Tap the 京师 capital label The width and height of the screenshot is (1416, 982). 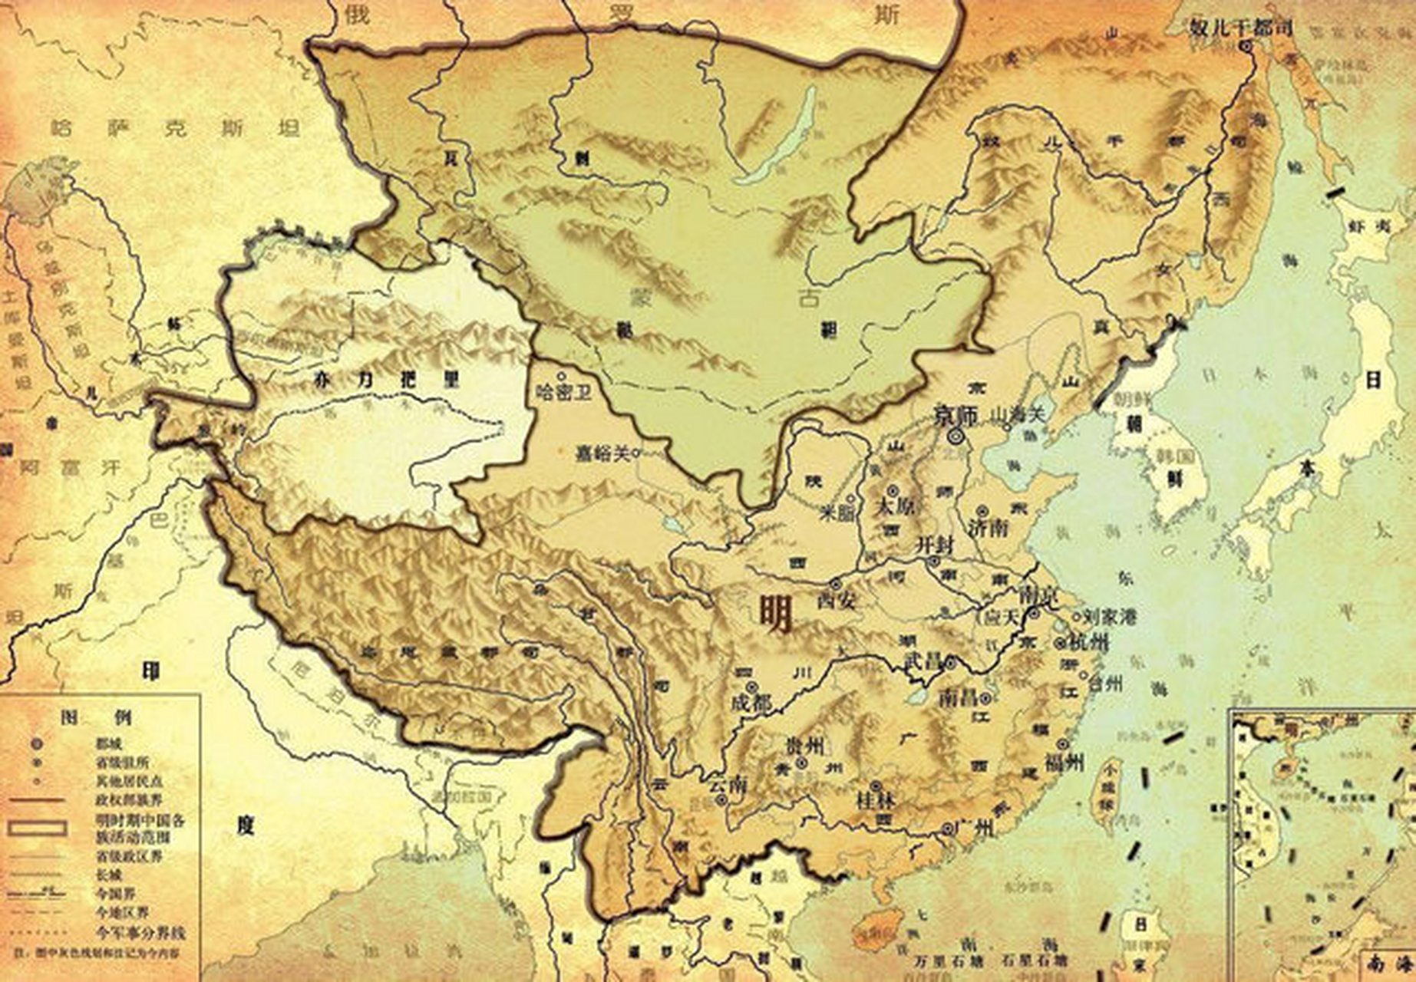tap(956, 416)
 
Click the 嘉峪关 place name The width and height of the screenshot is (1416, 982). tap(603, 453)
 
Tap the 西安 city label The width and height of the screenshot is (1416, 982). tap(837, 600)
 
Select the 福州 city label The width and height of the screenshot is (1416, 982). tap(1064, 762)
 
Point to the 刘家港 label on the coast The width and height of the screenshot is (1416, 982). tap(1108, 616)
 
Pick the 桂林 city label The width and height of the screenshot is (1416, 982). tap(875, 801)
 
